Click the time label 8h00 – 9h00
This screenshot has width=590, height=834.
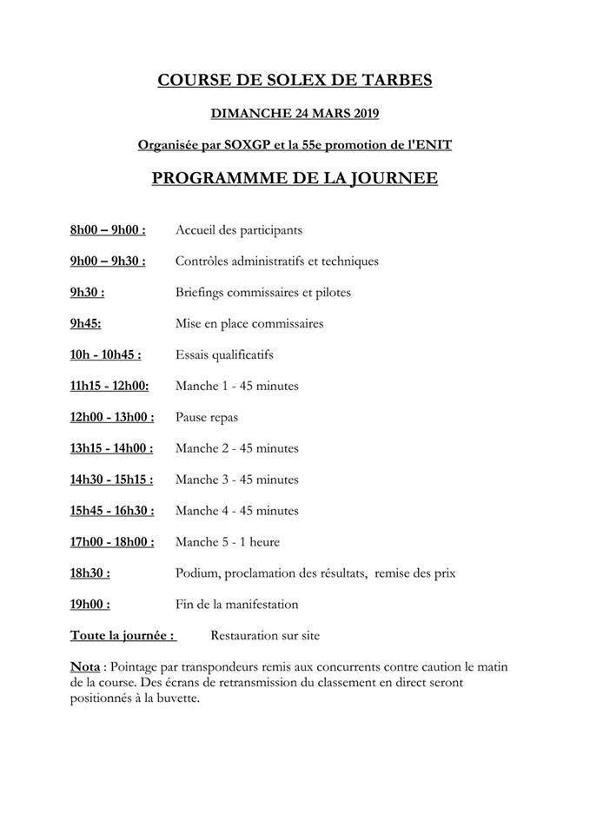click(x=108, y=230)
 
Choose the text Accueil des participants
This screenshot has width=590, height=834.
click(x=238, y=230)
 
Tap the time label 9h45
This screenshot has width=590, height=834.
click(x=86, y=324)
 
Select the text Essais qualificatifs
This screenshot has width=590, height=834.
click(x=224, y=355)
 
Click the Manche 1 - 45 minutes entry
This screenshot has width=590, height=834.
click(x=236, y=387)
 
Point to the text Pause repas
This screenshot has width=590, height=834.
click(x=207, y=418)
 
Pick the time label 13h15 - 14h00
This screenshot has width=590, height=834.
click(x=111, y=449)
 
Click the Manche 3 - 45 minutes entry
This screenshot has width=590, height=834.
click(x=236, y=480)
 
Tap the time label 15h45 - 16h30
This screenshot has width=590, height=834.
click(x=112, y=511)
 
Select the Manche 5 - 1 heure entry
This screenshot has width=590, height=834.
click(x=228, y=542)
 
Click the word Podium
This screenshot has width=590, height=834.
click(x=196, y=573)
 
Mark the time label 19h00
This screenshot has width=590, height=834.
click(x=89, y=605)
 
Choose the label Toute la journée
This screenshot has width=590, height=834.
click(x=123, y=636)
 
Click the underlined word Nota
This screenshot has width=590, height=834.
click(x=84, y=667)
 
